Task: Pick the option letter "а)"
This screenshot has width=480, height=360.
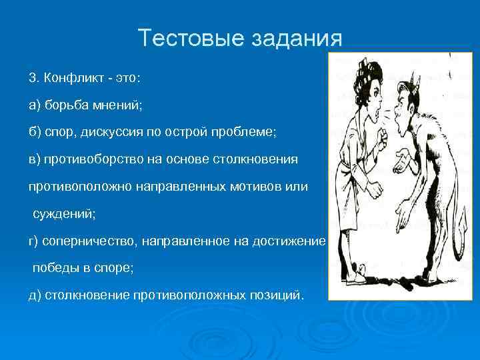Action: (35, 105)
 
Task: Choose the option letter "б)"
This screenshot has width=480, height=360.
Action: (35, 133)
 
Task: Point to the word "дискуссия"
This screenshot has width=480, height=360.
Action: (111, 133)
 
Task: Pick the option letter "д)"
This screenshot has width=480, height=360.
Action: (35, 295)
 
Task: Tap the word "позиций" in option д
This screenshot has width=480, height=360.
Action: (278, 295)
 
